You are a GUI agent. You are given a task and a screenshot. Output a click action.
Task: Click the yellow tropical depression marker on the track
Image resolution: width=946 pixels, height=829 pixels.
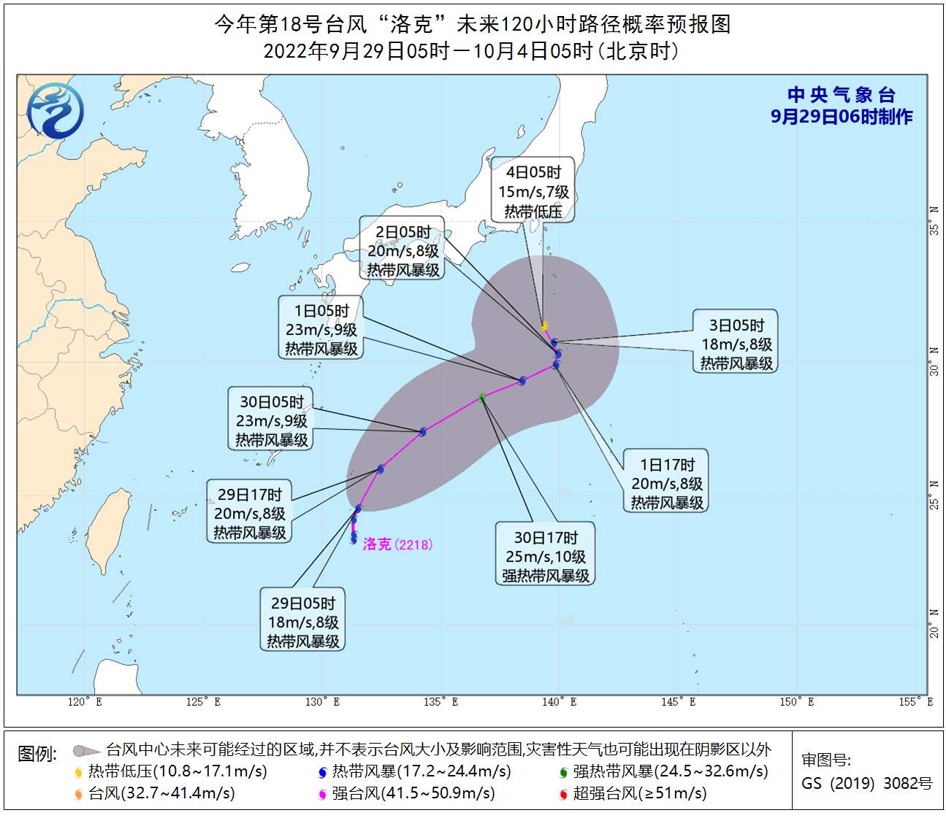pyautogui.click(x=544, y=326)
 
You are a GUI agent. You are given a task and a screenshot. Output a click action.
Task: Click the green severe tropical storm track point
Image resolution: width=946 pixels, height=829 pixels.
pyautogui.click(x=482, y=397)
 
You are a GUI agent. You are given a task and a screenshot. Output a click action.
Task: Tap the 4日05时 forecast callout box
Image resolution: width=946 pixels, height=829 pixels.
pyautogui.click(x=533, y=191)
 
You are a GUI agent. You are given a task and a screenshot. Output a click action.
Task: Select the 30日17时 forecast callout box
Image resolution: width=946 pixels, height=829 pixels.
pyautogui.click(x=546, y=556)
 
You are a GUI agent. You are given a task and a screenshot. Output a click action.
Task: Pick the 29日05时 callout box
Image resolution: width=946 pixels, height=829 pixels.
pyautogui.click(x=303, y=622)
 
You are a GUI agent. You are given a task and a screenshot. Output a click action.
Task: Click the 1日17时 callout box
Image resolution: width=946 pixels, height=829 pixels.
pyautogui.click(x=667, y=483)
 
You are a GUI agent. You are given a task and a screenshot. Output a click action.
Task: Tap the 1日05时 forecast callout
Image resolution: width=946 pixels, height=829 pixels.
pyautogui.click(x=321, y=329)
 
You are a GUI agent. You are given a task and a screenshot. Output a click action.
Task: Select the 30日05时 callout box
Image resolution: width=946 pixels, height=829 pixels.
pyautogui.click(x=272, y=420)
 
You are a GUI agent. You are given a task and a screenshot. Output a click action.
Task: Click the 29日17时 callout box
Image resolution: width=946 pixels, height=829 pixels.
pyautogui.click(x=250, y=513)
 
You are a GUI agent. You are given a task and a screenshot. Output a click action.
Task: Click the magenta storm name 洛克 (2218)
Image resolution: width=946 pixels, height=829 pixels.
pyautogui.click(x=398, y=544)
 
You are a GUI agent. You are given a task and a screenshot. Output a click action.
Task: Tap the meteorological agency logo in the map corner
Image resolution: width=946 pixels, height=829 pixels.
pyautogui.click(x=56, y=110)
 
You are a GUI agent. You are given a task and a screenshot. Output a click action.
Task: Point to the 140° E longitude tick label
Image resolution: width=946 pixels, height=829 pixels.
pyautogui.click(x=560, y=702)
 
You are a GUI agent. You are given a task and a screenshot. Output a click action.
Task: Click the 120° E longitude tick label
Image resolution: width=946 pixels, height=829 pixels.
pyautogui.click(x=85, y=702)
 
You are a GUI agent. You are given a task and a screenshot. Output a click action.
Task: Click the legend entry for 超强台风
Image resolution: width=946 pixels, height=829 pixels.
pyautogui.click(x=638, y=793)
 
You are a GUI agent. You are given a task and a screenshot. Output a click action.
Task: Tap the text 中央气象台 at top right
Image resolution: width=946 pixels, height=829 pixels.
pyautogui.click(x=842, y=95)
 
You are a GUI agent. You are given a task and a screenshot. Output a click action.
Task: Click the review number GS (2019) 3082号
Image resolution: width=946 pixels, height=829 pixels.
pyautogui.click(x=867, y=784)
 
